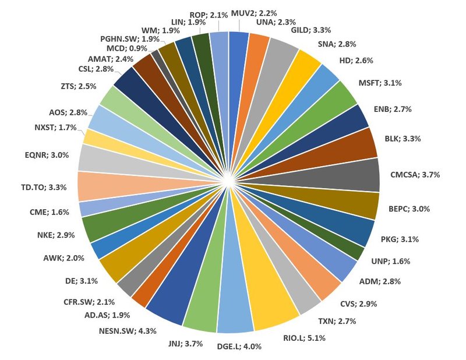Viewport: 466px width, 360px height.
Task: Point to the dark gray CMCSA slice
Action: (355, 174)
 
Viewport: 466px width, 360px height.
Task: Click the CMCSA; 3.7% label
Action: (415, 175)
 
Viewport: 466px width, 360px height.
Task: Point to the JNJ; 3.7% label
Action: (185, 344)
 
